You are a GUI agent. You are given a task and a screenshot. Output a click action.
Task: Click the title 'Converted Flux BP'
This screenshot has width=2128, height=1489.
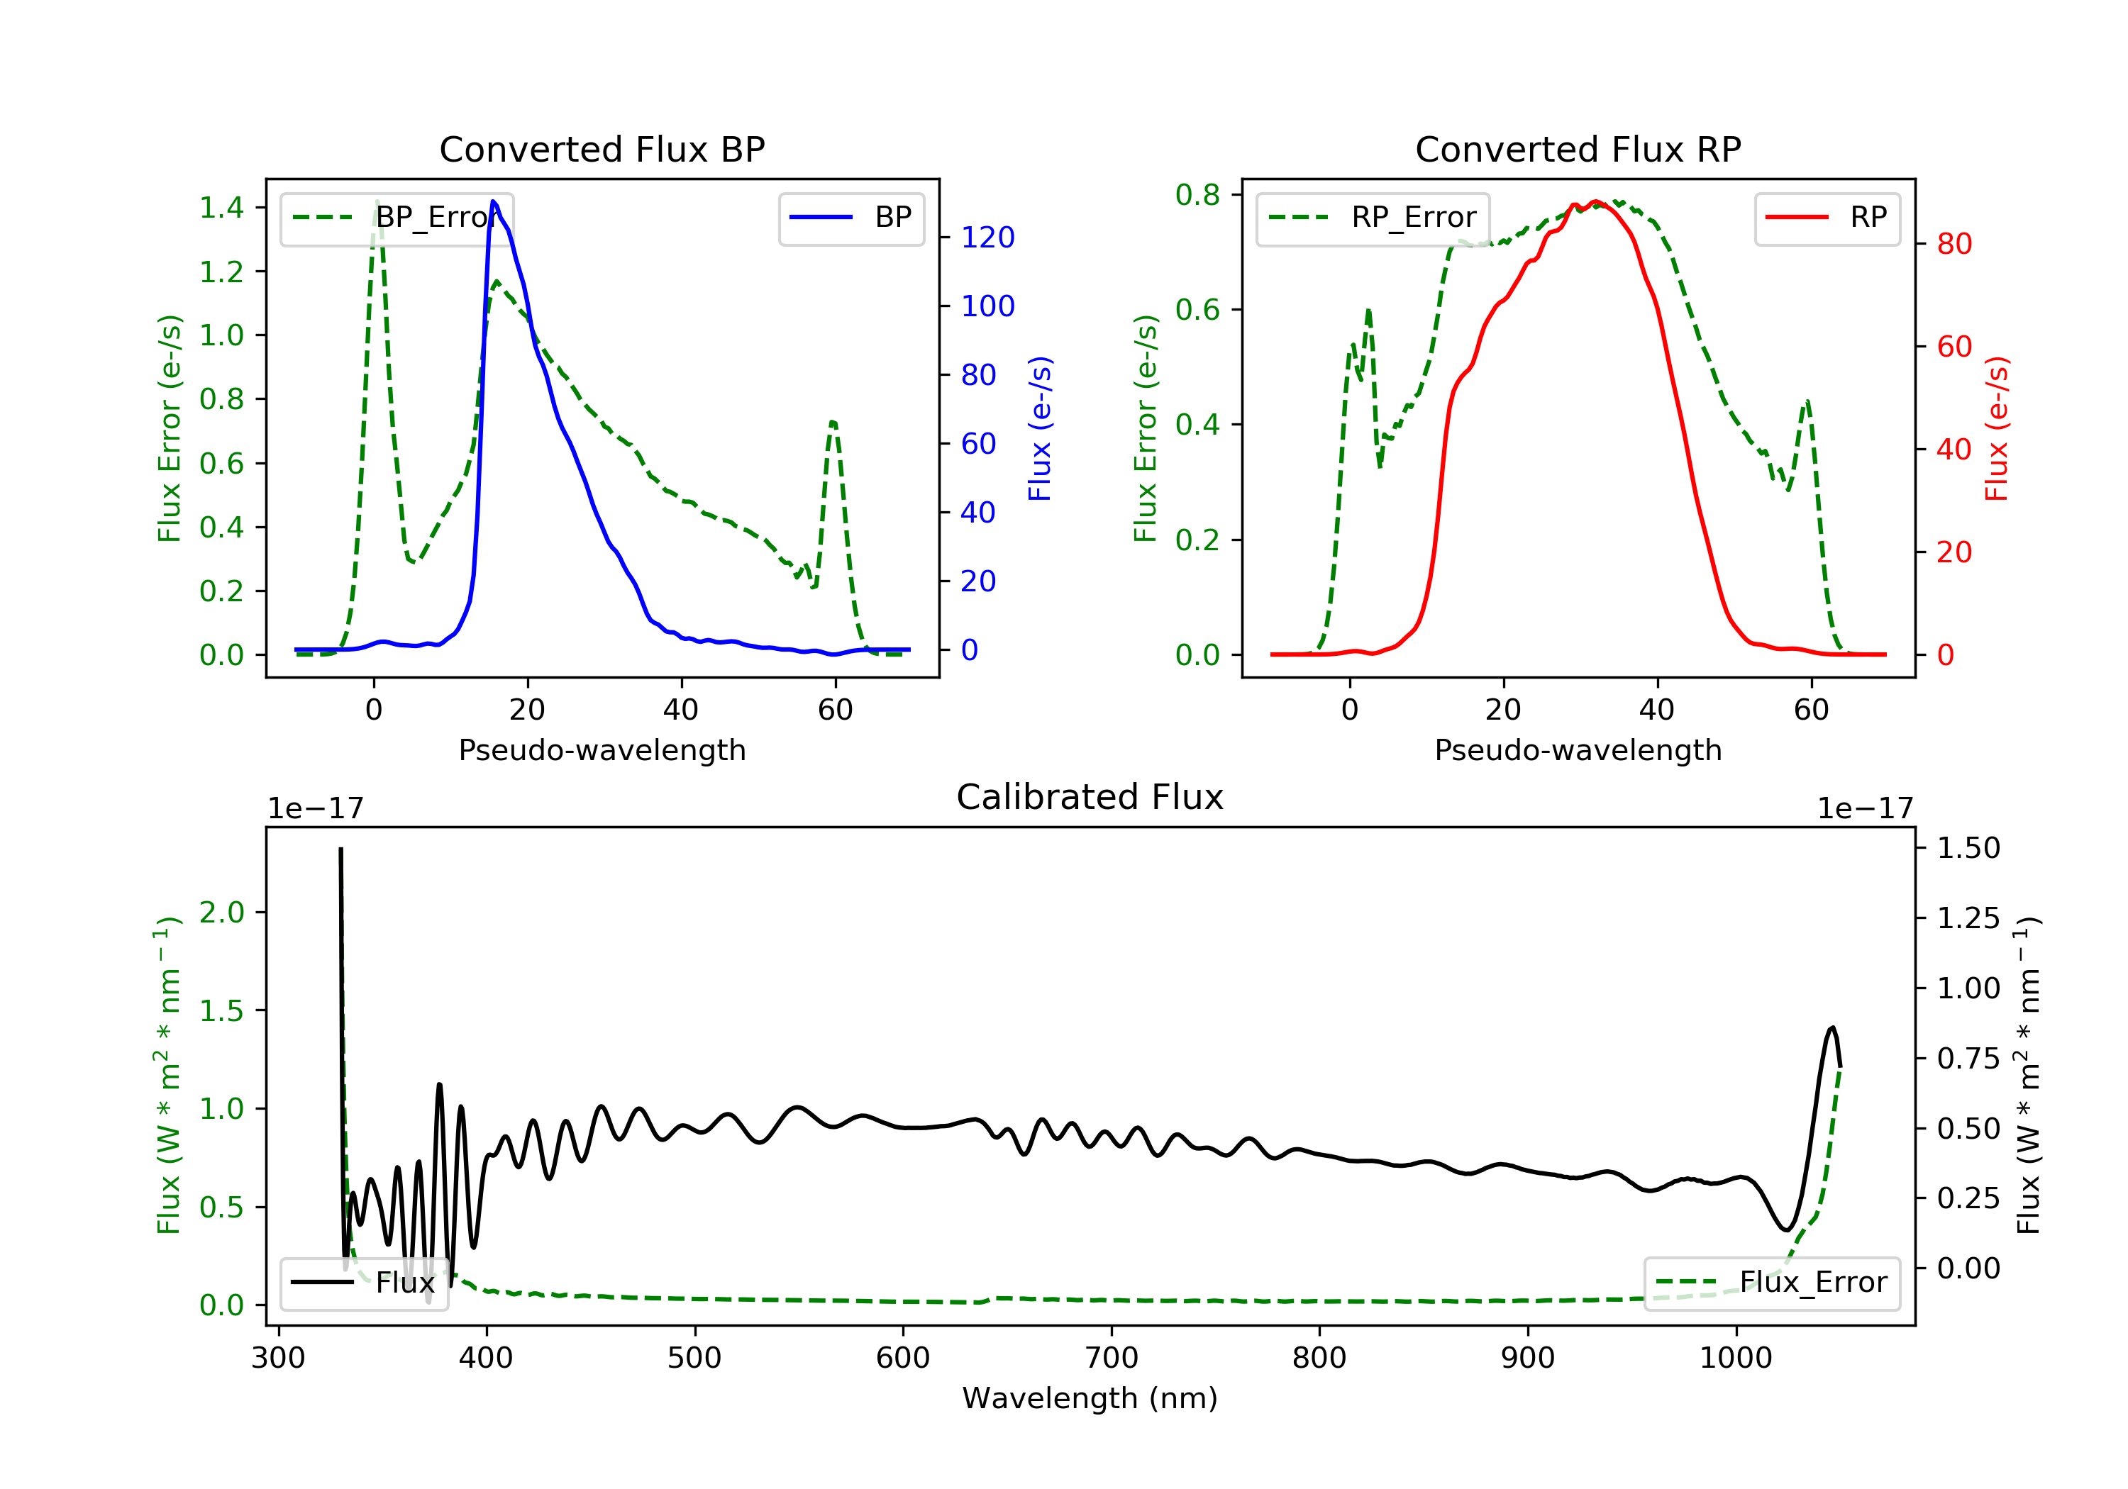(x=602, y=149)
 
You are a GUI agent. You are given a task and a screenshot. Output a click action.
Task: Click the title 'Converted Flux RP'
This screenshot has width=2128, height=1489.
(x=1578, y=149)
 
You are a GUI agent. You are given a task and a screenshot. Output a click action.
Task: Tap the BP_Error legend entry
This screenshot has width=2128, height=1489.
(x=397, y=218)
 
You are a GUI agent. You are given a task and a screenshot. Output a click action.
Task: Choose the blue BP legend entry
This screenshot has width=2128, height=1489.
(x=850, y=218)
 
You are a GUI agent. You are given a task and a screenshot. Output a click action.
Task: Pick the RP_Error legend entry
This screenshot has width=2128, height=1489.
(x=1373, y=218)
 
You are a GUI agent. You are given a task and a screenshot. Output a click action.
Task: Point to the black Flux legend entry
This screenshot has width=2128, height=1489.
(x=363, y=1283)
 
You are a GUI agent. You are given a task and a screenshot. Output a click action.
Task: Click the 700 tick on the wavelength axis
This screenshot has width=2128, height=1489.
(x=1110, y=1359)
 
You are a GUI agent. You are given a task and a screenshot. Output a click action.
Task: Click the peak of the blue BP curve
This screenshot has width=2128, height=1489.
(x=493, y=201)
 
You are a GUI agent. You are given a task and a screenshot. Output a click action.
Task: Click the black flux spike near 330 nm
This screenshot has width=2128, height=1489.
(x=340, y=849)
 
